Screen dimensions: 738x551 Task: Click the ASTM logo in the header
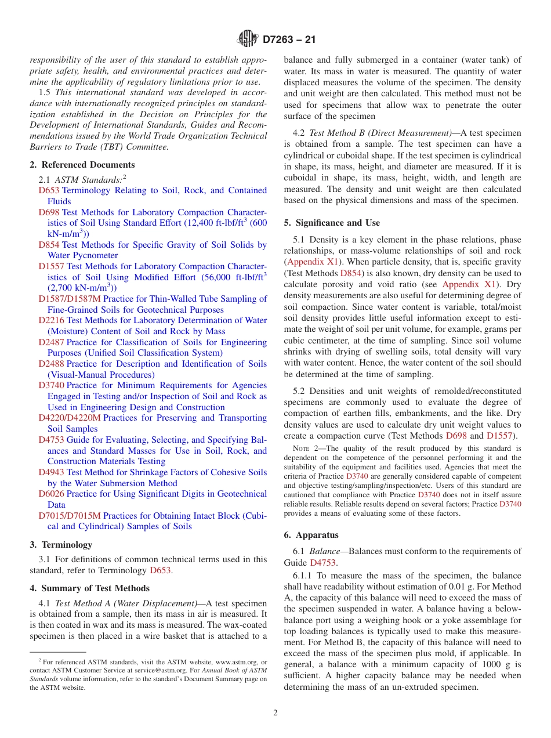(x=248, y=39)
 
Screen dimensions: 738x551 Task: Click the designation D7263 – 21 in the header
(x=289, y=40)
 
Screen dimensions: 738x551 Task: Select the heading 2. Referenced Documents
(x=82, y=165)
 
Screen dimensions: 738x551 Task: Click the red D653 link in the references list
(x=49, y=190)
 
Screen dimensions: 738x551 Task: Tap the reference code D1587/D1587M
(x=70, y=299)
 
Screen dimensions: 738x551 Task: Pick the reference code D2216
(x=52, y=320)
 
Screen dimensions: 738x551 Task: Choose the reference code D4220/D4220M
(x=70, y=418)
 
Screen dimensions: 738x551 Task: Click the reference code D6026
(x=52, y=494)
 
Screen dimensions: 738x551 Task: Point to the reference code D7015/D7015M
(x=70, y=515)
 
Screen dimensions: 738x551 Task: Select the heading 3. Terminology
(x=61, y=545)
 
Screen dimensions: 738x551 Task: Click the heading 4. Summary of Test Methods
(x=89, y=588)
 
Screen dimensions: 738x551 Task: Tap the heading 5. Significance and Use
(x=332, y=223)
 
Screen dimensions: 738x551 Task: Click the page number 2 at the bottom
(x=275, y=713)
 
